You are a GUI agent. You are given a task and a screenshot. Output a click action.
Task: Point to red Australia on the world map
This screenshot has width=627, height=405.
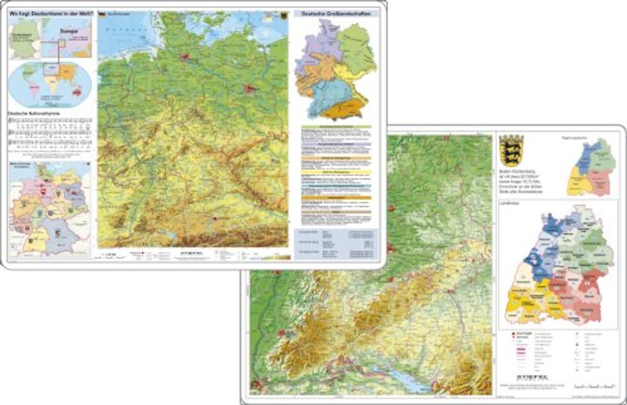click(x=77, y=92)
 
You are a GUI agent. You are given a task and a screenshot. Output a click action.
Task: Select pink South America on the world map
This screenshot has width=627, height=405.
click(x=34, y=91)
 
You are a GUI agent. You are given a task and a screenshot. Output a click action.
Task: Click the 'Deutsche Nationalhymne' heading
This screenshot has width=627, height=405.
click(x=34, y=114)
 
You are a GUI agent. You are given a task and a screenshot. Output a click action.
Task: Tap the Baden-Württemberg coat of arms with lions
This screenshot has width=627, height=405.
click(x=511, y=150)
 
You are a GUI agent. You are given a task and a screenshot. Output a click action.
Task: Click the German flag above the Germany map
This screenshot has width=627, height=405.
click(x=101, y=14)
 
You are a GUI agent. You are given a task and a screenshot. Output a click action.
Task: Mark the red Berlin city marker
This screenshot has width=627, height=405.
click(x=249, y=89)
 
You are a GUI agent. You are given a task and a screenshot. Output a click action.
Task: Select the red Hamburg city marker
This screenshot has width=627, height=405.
click(x=184, y=58)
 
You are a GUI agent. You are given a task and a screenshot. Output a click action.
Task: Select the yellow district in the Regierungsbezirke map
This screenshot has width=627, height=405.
click(x=577, y=181)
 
